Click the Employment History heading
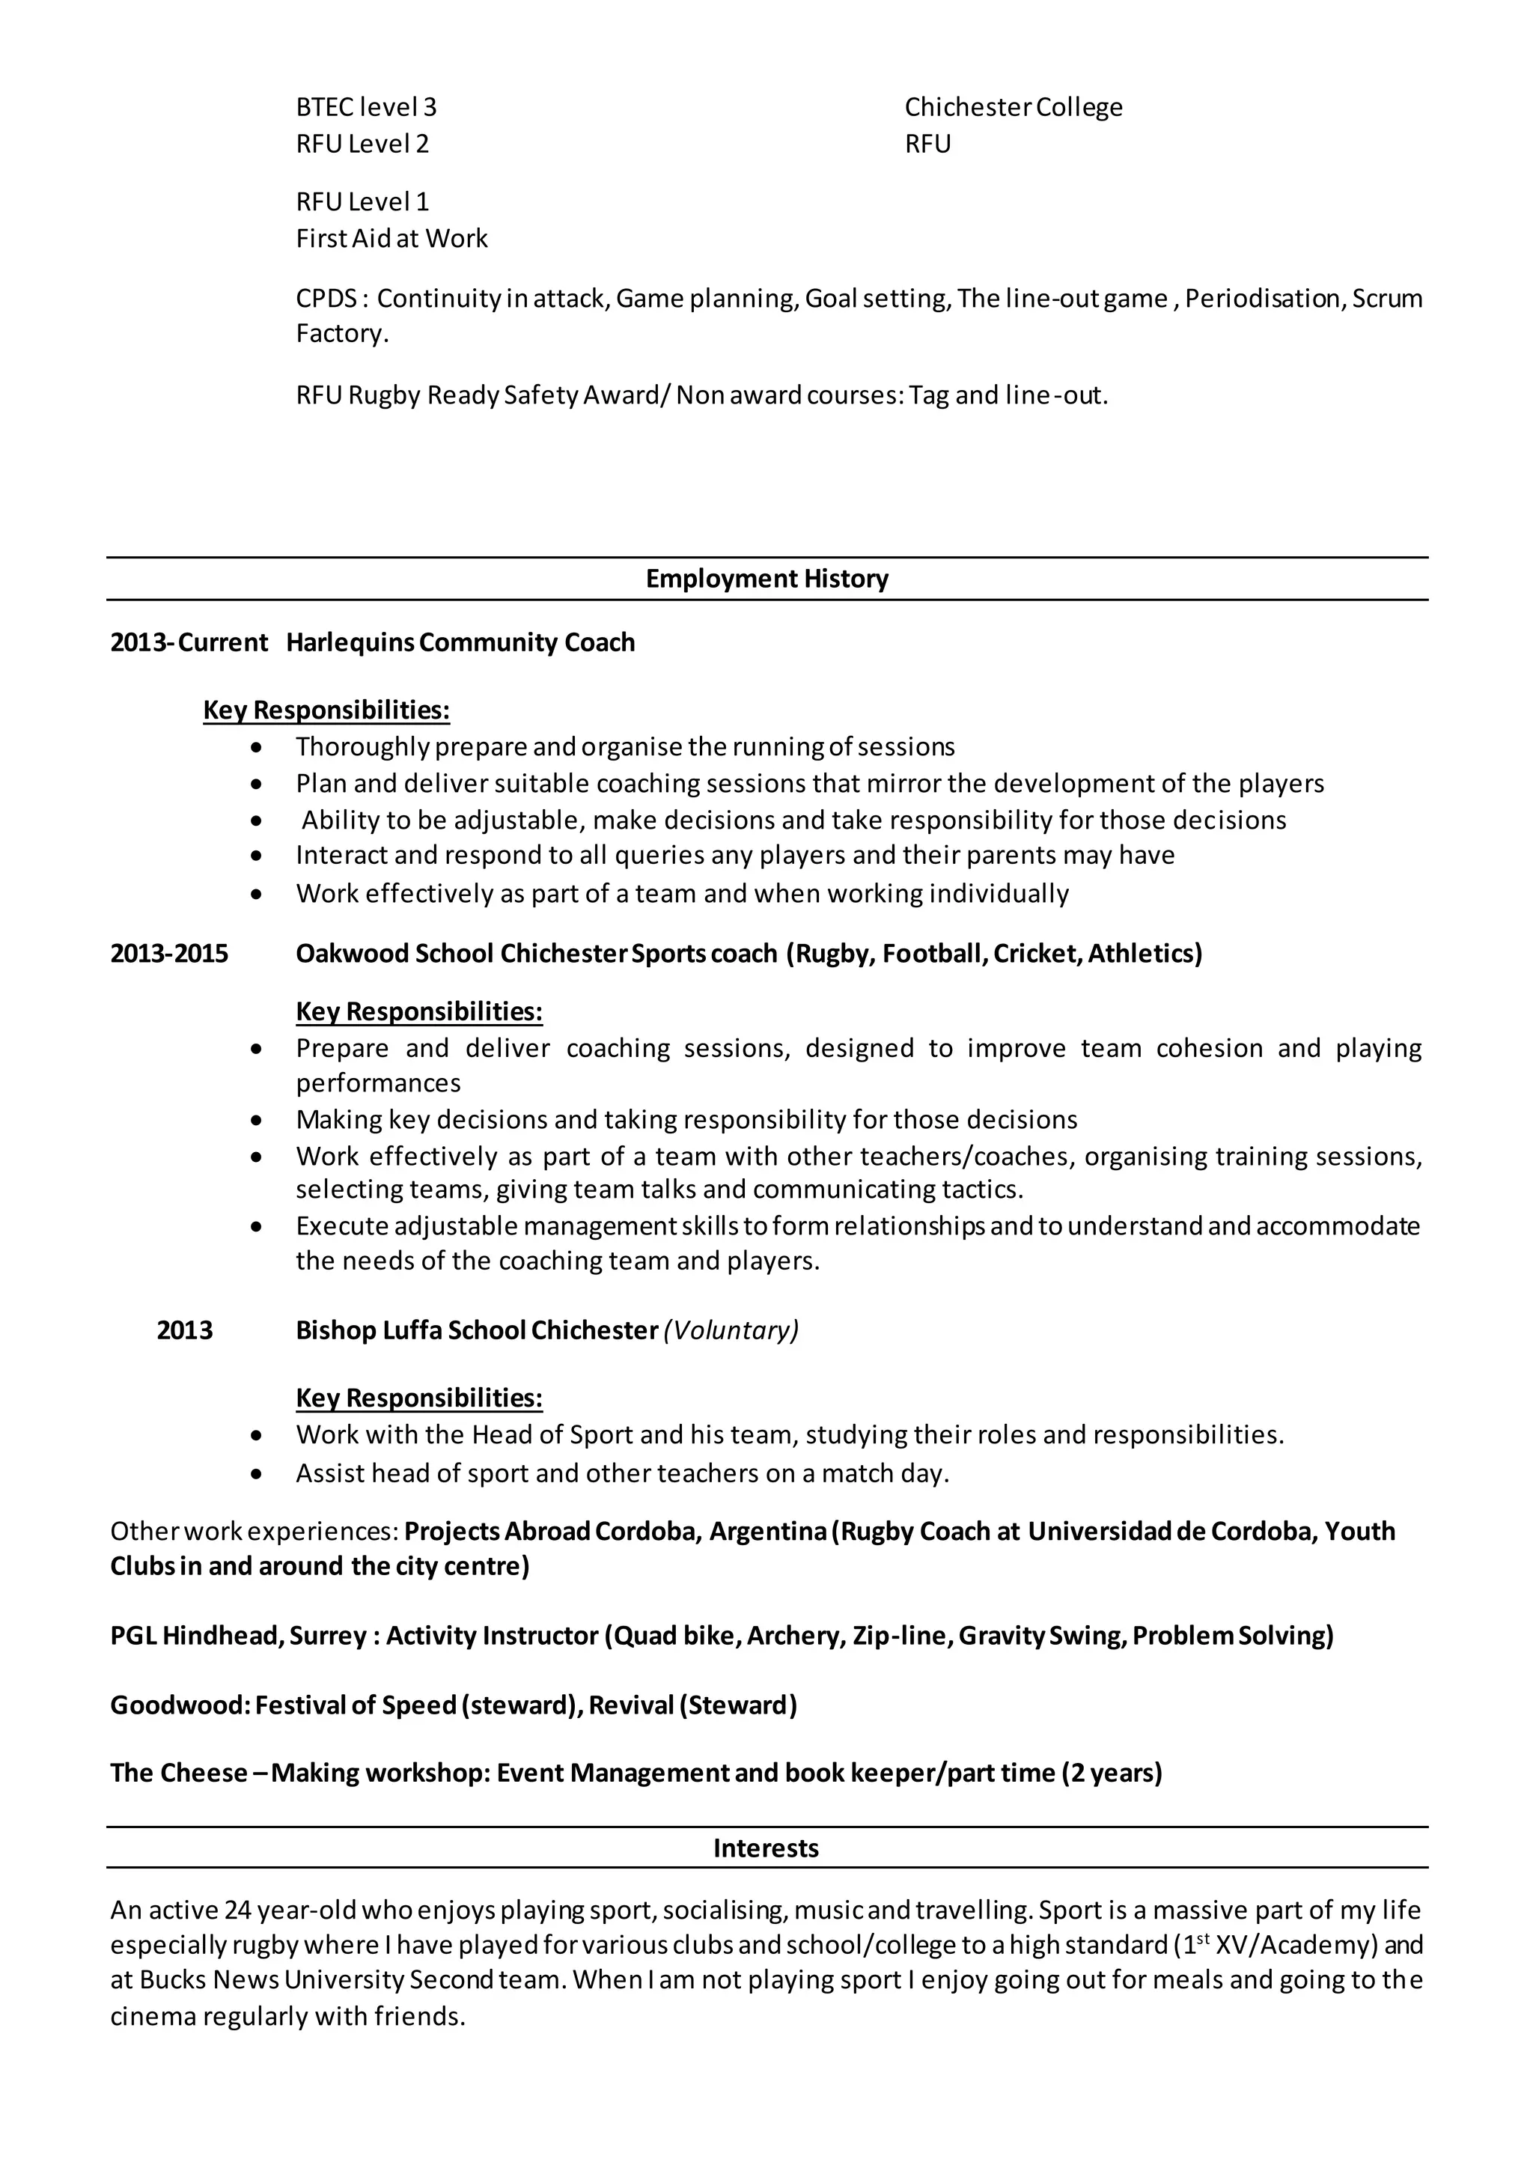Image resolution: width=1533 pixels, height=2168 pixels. (766, 579)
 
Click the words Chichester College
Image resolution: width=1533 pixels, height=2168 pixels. (1013, 107)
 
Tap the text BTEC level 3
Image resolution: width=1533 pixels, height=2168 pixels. (366, 107)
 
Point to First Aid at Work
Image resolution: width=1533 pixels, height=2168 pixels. (391, 238)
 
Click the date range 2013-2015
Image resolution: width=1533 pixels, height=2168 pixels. (169, 954)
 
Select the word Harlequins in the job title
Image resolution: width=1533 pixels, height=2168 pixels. (350, 643)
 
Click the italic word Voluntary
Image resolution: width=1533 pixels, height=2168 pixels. (731, 1330)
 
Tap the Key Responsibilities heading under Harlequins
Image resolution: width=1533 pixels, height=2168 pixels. (326, 710)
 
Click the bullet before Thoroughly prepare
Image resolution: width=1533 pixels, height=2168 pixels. (257, 748)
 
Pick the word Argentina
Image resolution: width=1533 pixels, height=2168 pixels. (767, 1532)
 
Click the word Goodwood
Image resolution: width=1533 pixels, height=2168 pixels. (178, 1705)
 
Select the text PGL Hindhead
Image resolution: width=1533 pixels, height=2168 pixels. (195, 1636)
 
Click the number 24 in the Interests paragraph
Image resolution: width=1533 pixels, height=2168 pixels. (238, 1910)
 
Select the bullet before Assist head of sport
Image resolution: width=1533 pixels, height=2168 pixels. (257, 1474)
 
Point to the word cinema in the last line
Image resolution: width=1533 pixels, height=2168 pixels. (152, 2017)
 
